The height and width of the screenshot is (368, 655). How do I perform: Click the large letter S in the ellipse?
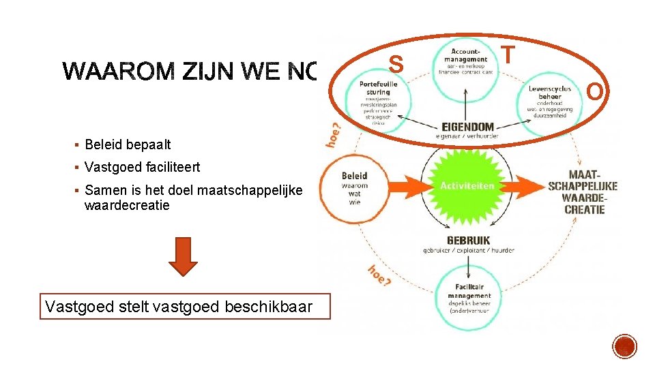396,65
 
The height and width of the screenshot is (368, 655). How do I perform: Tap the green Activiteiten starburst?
467,185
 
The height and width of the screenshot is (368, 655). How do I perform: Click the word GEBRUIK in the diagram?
468,241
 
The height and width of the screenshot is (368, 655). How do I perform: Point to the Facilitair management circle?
469,301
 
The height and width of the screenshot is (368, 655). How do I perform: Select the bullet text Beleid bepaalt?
128,144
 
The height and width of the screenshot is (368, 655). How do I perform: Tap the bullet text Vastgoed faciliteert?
142,167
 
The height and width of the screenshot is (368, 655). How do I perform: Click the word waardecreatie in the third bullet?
127,204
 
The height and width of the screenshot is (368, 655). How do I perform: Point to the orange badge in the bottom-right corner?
624,346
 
